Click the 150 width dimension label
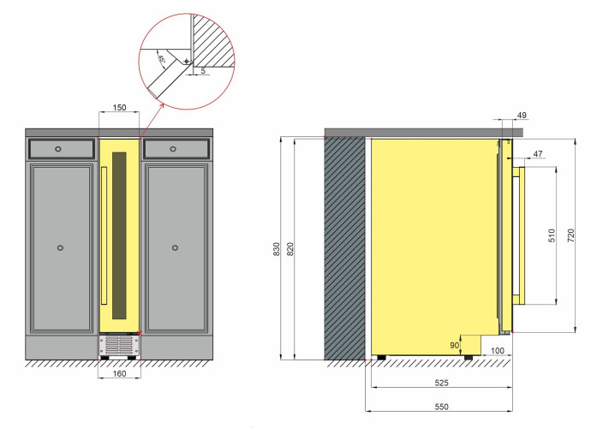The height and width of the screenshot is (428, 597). tap(119, 108)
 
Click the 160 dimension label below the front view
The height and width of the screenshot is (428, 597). tap(119, 373)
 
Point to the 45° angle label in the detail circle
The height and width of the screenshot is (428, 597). tap(162, 59)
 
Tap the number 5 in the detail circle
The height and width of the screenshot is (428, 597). tap(203, 70)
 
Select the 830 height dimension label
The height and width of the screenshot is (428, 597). tap(277, 249)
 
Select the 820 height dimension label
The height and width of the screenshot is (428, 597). tap(290, 249)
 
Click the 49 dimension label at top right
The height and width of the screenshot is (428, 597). tap(522, 115)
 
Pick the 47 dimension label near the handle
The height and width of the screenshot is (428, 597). tap(538, 154)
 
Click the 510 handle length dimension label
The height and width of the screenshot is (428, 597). tap(552, 235)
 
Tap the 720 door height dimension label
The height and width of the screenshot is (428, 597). tap(570, 235)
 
